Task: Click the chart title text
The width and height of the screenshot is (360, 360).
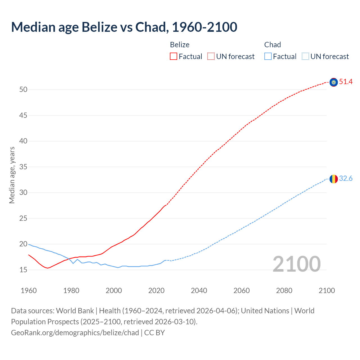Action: click(x=124, y=27)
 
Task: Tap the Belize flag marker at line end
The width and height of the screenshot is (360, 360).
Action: click(x=334, y=82)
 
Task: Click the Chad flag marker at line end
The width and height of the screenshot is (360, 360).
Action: click(x=334, y=179)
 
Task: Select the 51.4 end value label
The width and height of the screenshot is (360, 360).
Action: click(x=346, y=82)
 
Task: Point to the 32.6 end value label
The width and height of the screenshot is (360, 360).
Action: click(x=346, y=179)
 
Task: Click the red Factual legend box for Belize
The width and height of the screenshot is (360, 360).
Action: click(x=174, y=57)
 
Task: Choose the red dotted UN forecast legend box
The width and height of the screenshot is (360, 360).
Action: click(x=211, y=57)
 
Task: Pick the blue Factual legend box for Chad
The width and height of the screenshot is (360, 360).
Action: click(x=268, y=57)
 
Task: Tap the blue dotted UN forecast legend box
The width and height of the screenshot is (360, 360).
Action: click(x=305, y=57)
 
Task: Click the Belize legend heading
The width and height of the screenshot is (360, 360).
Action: click(x=180, y=45)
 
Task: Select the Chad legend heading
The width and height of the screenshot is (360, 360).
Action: click(x=273, y=45)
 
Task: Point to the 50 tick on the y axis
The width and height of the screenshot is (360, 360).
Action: click(x=23, y=90)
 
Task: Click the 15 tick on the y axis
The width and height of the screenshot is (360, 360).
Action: click(x=23, y=270)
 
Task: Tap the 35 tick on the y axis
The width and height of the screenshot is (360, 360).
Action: click(x=23, y=167)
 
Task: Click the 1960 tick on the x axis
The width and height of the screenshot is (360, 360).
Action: click(x=29, y=291)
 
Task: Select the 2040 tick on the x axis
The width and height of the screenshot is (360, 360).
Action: click(x=199, y=291)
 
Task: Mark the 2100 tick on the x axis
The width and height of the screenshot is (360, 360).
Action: click(x=327, y=291)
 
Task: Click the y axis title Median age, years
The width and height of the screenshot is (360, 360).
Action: click(x=12, y=175)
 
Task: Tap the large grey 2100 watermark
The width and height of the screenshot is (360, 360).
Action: click(x=296, y=264)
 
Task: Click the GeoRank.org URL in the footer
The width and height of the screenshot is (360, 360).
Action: click(x=75, y=333)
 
